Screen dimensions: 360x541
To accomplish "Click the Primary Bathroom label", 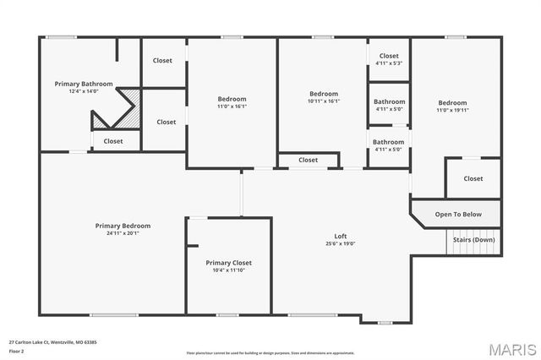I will point(79,84).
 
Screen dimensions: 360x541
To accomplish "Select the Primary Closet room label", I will point(229,263).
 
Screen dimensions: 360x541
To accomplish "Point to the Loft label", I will point(341,236).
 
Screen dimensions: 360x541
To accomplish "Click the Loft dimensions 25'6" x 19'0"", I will point(341,243).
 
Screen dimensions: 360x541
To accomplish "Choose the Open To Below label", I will point(458,214).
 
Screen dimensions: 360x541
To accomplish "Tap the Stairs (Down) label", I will point(474,239).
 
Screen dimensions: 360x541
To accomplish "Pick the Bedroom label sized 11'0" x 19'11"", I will point(451,103).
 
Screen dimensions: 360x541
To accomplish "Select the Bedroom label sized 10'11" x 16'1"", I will point(324,93).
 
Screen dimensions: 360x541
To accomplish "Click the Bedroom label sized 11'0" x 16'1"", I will point(232,100).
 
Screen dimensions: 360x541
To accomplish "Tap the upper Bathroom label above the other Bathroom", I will point(389,101).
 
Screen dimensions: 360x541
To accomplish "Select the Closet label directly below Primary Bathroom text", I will point(113,141).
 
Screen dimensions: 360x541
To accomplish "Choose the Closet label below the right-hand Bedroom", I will point(473,178).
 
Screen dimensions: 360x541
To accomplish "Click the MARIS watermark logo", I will point(512,348).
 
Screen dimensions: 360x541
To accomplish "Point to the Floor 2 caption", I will point(16,351).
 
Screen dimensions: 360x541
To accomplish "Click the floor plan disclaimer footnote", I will point(270,352).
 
